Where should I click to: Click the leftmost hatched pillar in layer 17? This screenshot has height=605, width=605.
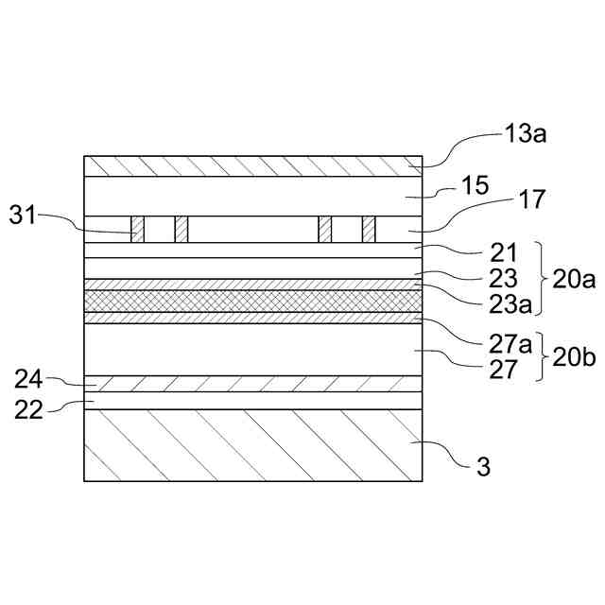(138, 230)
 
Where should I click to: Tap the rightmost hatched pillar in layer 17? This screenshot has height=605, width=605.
(369, 230)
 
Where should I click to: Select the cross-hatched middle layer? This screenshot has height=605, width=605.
(251, 301)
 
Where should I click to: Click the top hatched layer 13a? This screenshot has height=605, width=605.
(251, 166)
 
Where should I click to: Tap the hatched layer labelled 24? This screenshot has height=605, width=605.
(251, 384)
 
